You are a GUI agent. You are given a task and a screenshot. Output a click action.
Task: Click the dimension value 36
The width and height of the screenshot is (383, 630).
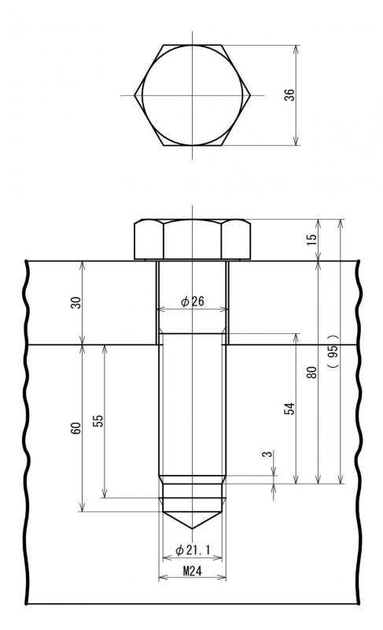[x=289, y=94]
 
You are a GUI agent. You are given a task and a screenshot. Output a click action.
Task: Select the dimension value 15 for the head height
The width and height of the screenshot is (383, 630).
[x=311, y=239]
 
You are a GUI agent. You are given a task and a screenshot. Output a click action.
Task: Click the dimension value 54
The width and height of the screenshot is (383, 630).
[x=289, y=409]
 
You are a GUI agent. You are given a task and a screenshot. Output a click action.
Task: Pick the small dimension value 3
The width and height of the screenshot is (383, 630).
[x=267, y=455]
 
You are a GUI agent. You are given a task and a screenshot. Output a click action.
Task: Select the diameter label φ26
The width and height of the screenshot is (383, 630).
[x=193, y=302]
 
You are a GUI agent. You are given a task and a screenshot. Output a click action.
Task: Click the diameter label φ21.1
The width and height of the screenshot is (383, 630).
[x=193, y=549]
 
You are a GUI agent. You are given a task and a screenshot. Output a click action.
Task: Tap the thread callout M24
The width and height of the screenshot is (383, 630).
[x=193, y=571]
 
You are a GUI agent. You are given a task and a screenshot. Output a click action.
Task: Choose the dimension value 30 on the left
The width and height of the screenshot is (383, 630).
[x=76, y=302]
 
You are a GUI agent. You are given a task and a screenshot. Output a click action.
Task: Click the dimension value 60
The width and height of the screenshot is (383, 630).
[x=76, y=428]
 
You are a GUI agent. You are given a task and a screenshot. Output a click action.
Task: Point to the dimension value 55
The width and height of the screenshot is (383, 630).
[x=98, y=420]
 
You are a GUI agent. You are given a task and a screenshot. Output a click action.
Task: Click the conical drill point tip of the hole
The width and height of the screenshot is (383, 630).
[x=193, y=528]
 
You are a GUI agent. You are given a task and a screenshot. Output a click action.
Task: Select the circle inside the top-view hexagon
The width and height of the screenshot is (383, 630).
[x=193, y=94]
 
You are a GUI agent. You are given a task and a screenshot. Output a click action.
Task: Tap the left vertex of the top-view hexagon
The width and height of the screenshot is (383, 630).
[x=134, y=95]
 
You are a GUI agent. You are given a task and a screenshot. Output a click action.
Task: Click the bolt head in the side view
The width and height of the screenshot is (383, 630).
[x=193, y=239]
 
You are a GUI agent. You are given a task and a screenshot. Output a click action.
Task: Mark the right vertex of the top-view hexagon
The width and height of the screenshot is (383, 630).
[x=251, y=95]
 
